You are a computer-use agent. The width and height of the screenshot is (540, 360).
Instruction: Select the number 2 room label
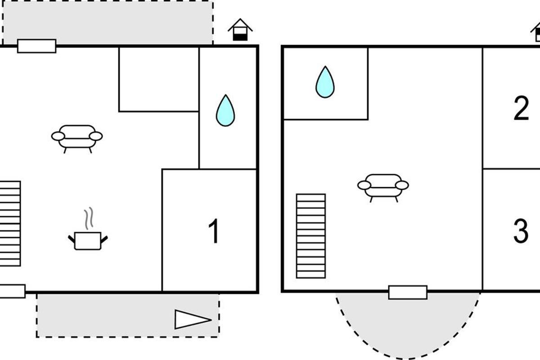click(x=521, y=108)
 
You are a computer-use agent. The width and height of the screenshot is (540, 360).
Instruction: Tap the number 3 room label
click(x=521, y=231)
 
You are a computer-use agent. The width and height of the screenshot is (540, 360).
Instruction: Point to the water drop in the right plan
click(x=325, y=82)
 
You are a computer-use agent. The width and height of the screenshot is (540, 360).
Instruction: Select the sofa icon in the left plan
click(x=77, y=137)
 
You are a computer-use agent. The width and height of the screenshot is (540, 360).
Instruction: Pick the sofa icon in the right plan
click(x=383, y=186)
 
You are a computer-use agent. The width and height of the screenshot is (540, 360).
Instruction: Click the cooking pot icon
click(x=88, y=241)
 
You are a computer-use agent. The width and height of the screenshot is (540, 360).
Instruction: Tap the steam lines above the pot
click(x=90, y=218)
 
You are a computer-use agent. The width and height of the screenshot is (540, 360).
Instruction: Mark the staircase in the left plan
click(x=10, y=223)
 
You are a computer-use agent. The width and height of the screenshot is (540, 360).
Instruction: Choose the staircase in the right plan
click(x=310, y=236)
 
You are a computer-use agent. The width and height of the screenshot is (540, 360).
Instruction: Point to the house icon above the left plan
click(x=240, y=30)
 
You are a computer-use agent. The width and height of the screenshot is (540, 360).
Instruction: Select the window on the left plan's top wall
click(x=37, y=46)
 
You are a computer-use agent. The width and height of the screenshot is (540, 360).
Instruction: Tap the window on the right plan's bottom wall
click(x=408, y=292)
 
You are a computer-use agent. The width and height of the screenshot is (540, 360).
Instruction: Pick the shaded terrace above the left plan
click(x=108, y=22)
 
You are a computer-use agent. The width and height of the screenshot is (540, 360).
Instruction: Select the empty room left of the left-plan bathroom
click(x=159, y=79)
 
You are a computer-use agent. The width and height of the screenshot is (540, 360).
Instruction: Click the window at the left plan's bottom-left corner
click(x=12, y=291)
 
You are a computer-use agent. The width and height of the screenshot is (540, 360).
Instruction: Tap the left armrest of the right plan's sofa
click(x=364, y=185)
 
